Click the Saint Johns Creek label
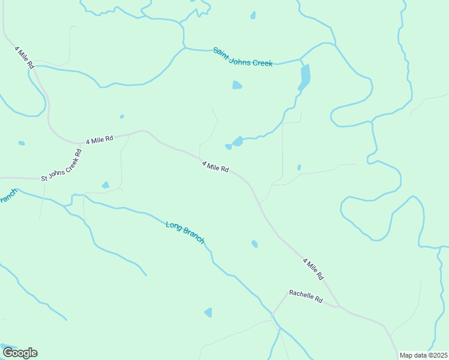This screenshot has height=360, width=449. point(243,57)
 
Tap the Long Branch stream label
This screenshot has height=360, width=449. point(185,232)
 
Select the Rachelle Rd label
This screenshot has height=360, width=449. point(306,296)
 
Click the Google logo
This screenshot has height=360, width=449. point(19,352)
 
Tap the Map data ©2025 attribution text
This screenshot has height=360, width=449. point(423,355)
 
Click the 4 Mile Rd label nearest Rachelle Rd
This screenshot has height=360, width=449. point(313,269)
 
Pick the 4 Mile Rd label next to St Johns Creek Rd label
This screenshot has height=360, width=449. point(100,140)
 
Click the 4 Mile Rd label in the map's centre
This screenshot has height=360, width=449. point(215,166)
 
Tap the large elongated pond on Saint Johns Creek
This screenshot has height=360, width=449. point(305,77)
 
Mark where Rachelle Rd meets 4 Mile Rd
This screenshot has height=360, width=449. point(339,307)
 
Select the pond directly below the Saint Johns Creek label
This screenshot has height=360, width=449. point(237,85)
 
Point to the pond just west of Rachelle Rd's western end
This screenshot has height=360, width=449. point(208,313)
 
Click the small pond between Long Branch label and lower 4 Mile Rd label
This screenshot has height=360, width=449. point(255,244)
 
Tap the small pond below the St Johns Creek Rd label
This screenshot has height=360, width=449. point(106,185)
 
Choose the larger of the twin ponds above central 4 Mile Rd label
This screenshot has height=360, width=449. point(238,142)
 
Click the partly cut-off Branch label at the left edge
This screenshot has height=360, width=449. point(7,196)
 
